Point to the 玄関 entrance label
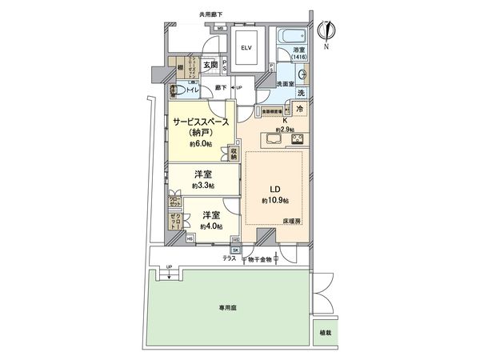coord(210,66)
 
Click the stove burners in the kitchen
coord(297,140)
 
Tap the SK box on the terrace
coord(236,250)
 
